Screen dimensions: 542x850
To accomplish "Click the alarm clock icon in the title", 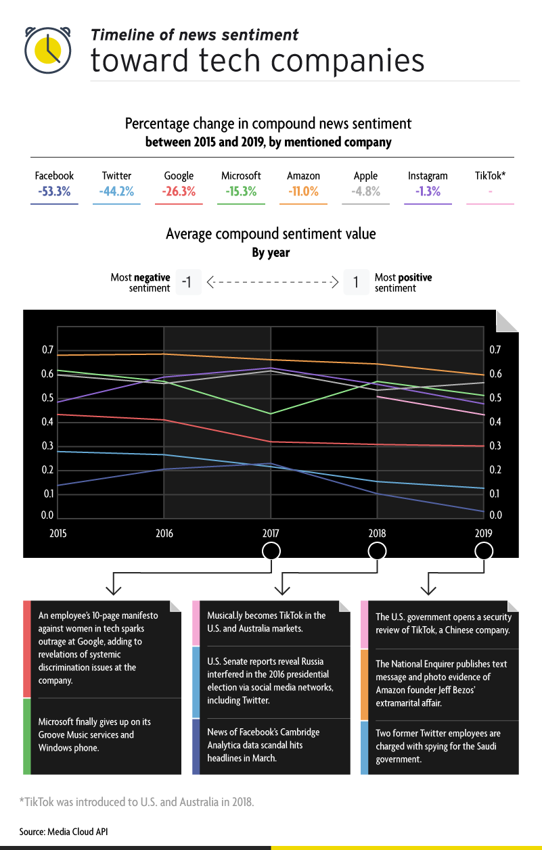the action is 48,49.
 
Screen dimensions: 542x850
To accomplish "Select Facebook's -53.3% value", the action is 54,191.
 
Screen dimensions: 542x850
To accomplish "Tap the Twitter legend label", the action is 116,176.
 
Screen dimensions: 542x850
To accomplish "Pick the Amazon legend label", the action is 303,176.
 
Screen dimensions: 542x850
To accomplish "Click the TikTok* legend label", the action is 491,176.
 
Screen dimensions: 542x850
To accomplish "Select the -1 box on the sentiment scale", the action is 187,282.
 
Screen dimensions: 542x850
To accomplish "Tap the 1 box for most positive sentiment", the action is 355,282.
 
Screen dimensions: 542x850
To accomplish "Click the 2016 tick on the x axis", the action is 164,534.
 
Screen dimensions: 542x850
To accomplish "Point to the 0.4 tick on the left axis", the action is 47,422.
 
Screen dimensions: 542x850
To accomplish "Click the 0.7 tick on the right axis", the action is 495,350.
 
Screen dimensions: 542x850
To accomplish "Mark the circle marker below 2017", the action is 271,551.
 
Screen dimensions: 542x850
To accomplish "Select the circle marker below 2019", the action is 484,551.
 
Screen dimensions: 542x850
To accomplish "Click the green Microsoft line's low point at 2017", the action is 271,414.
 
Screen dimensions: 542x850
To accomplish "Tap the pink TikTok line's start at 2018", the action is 378,396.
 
